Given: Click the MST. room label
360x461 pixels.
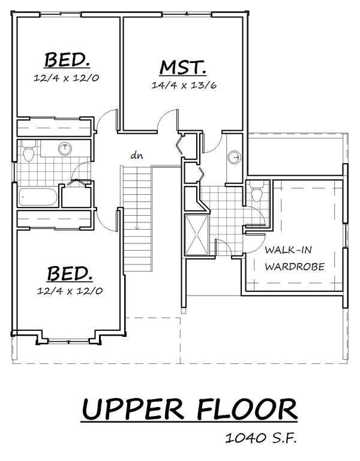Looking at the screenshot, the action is tap(182, 68).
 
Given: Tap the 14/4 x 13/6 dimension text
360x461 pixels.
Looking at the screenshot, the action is tap(184, 85).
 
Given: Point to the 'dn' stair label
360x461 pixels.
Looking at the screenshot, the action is tap(137, 155).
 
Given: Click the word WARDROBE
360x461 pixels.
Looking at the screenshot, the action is tap(295, 267).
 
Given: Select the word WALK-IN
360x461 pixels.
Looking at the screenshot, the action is tap(288, 250).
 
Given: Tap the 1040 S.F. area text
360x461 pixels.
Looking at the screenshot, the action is tap(260, 438).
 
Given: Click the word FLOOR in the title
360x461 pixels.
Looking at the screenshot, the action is tap(247, 409).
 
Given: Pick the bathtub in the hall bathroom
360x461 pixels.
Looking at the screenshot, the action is tap(38, 197).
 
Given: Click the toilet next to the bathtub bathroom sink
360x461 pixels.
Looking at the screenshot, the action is tap(29, 151).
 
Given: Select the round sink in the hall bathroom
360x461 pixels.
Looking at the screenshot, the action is tap(65, 149).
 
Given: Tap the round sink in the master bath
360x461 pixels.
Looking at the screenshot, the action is tap(234, 157).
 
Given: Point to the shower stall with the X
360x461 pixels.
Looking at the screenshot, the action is tap(196, 234).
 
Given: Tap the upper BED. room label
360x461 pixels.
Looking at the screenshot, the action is tap(67, 60).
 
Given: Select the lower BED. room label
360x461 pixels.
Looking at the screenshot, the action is tap(70, 273).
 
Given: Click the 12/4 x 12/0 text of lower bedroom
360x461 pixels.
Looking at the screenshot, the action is tap(70, 291).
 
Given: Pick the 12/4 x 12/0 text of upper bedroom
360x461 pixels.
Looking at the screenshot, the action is tap(66, 78).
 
